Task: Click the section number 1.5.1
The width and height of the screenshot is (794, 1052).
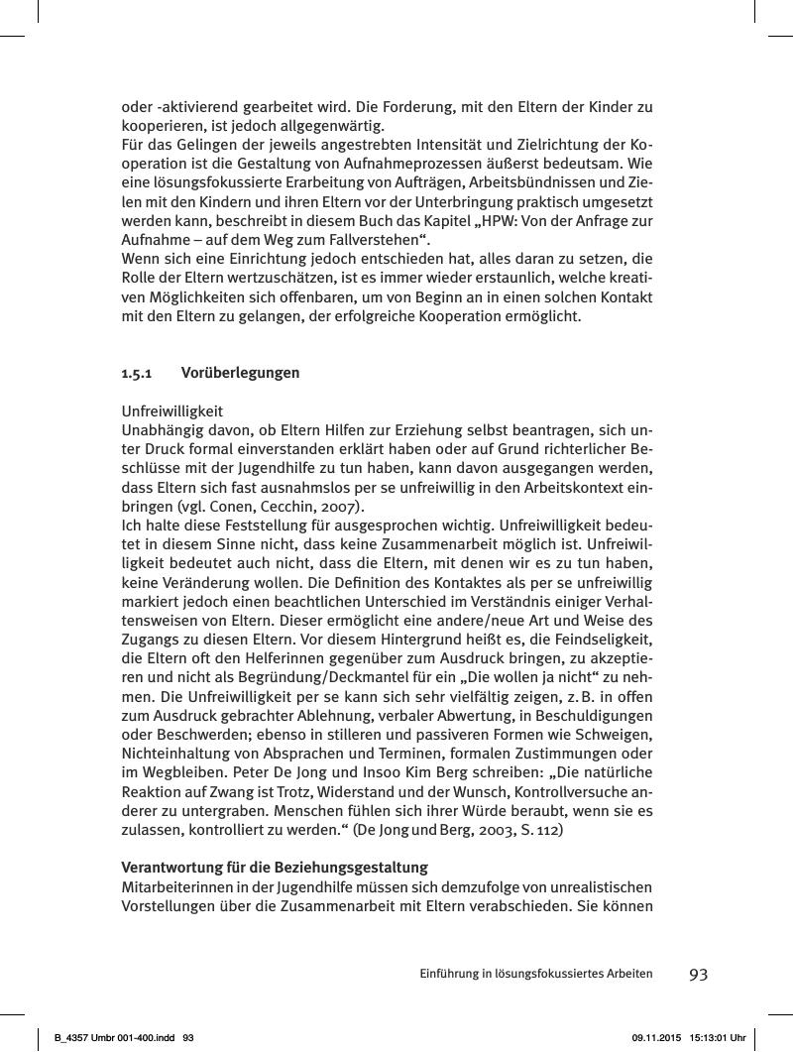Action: pos(136,374)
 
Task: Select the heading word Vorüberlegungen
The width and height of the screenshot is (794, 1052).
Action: pos(241,374)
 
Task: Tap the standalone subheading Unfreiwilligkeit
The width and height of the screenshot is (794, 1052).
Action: pos(172,410)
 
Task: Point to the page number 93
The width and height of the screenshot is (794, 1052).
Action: pos(698,974)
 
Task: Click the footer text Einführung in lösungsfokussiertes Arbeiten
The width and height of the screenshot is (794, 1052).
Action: pos(535,974)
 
